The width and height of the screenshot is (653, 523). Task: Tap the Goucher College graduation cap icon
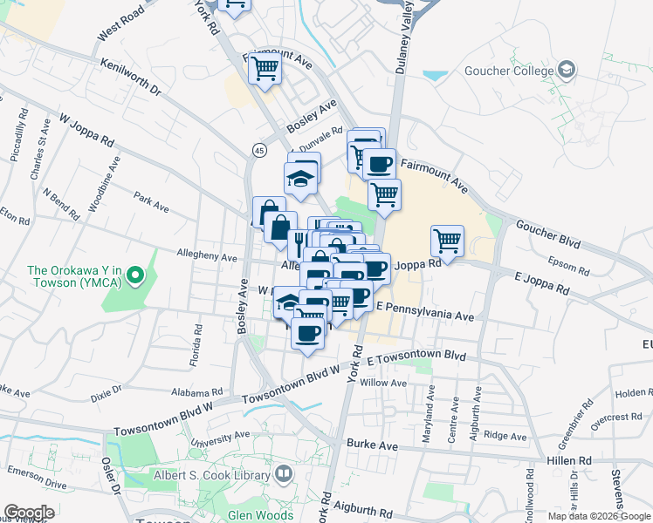[x=567, y=69]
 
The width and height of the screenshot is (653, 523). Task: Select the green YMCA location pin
[x=134, y=277]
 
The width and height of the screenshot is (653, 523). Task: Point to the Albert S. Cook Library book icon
[x=283, y=474]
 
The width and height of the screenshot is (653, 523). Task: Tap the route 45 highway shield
[x=258, y=151]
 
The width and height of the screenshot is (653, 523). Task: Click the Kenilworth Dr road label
[x=131, y=78]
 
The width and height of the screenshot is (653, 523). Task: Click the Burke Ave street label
[x=372, y=445]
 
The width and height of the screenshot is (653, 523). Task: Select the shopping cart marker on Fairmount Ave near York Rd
[x=265, y=68]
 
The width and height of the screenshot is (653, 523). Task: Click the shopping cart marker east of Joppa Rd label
[x=447, y=240]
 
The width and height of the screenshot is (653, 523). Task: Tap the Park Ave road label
[x=152, y=204]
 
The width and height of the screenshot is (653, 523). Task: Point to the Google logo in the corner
[x=29, y=513]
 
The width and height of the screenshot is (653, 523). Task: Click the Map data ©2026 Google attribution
[x=598, y=516]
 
